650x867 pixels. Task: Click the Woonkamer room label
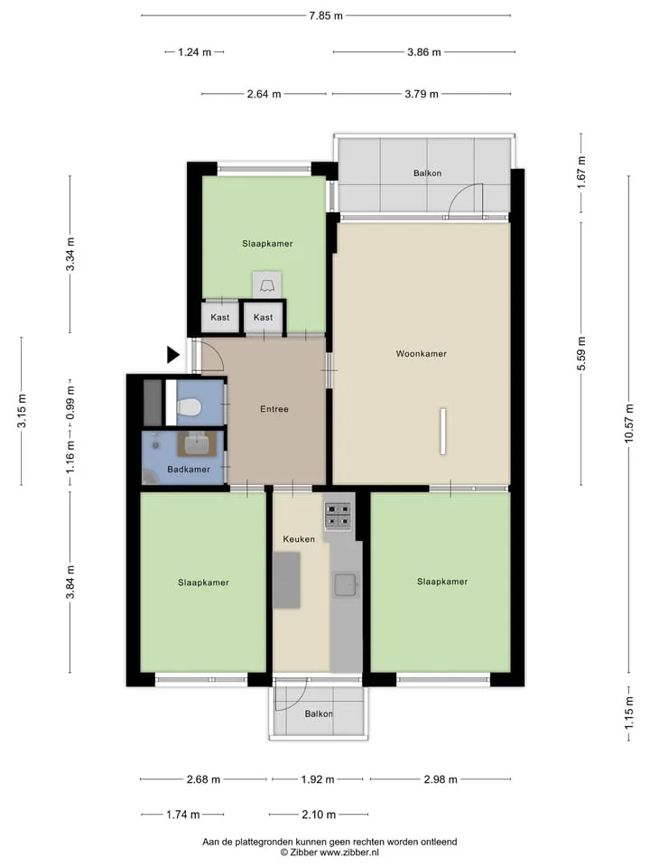[422, 354]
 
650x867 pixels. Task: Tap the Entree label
[274, 409]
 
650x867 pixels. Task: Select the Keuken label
[299, 539]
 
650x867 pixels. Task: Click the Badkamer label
[189, 470]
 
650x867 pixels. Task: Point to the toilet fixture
[188, 407]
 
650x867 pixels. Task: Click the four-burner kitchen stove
[338, 516]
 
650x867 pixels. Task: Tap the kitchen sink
[346, 585]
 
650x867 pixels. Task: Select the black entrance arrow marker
[173, 354]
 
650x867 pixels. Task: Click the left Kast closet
[220, 317]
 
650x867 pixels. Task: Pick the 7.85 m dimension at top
[326, 15]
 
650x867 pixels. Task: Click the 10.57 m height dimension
[629, 424]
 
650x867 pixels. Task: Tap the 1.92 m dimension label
[318, 779]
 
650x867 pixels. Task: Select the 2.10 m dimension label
[319, 815]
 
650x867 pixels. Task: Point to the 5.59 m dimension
[580, 354]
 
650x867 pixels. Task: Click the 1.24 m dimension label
[195, 52]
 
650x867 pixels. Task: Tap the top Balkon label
[427, 173]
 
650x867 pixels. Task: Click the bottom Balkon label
[319, 713]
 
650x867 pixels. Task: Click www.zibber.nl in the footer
[349, 853]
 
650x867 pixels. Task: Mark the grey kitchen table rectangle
[287, 580]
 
